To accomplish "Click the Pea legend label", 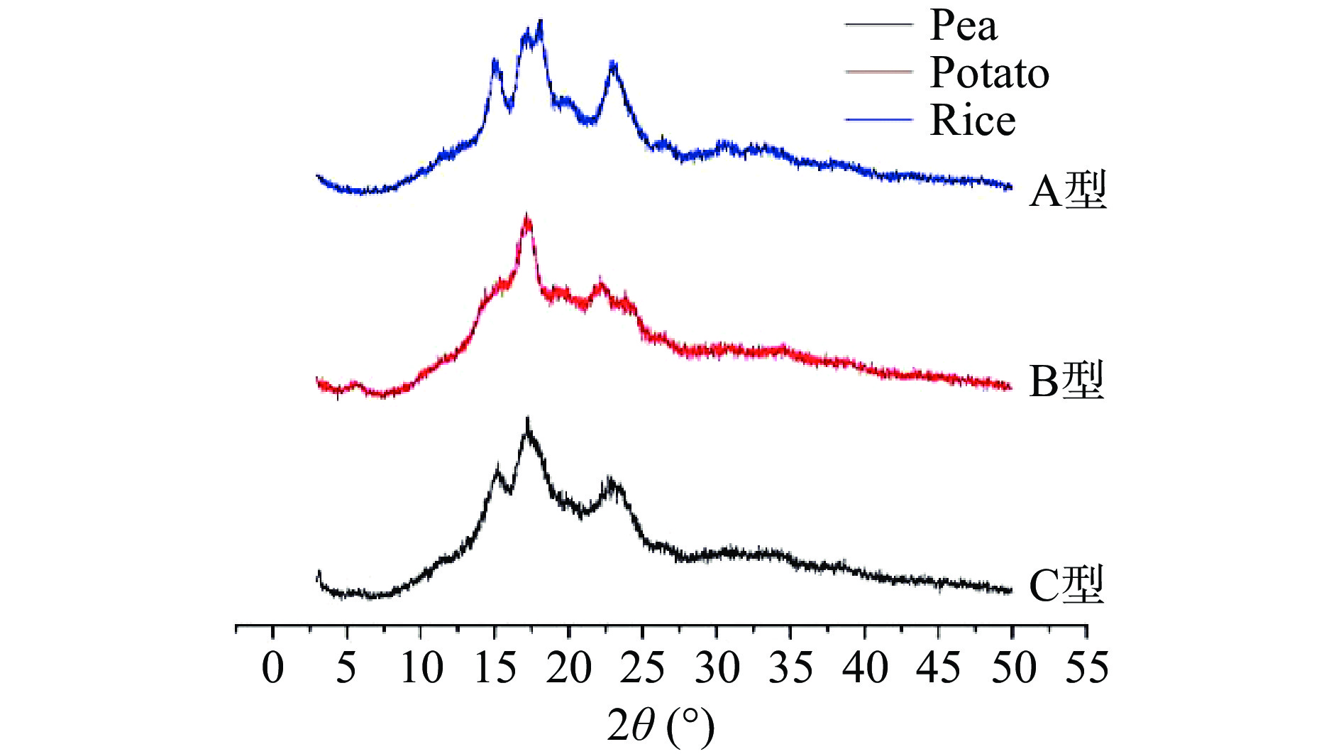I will (x=963, y=26).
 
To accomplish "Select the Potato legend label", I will (x=989, y=72).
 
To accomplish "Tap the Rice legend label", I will (x=972, y=120).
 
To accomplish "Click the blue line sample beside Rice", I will (x=878, y=120).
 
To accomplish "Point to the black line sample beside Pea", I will (x=878, y=25).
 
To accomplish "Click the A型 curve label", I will (x=1067, y=190).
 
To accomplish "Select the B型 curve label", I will (x=1066, y=381).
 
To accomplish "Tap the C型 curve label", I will (x=1066, y=585).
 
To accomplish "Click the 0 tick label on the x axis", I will (x=273, y=668).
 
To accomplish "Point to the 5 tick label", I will (x=346, y=668).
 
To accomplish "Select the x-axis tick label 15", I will (x=495, y=668).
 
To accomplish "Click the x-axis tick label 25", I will (x=642, y=668).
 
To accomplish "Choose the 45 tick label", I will (x=938, y=668).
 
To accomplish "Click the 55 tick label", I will (x=1086, y=668).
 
